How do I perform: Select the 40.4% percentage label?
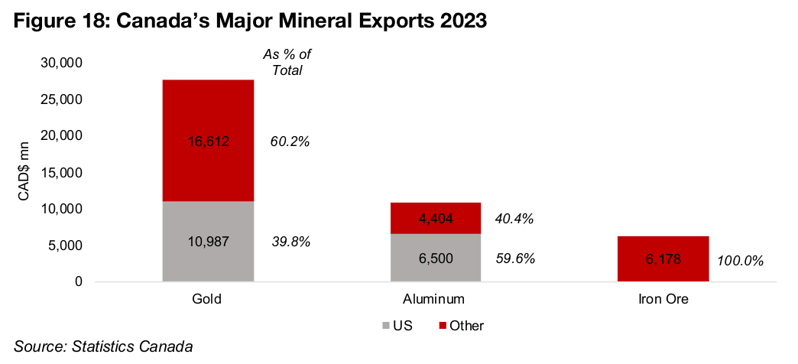(x=514, y=219)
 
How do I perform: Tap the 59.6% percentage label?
(x=514, y=258)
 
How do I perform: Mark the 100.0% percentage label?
(x=740, y=261)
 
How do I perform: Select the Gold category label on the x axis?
(x=208, y=299)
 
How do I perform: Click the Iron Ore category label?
(x=663, y=299)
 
